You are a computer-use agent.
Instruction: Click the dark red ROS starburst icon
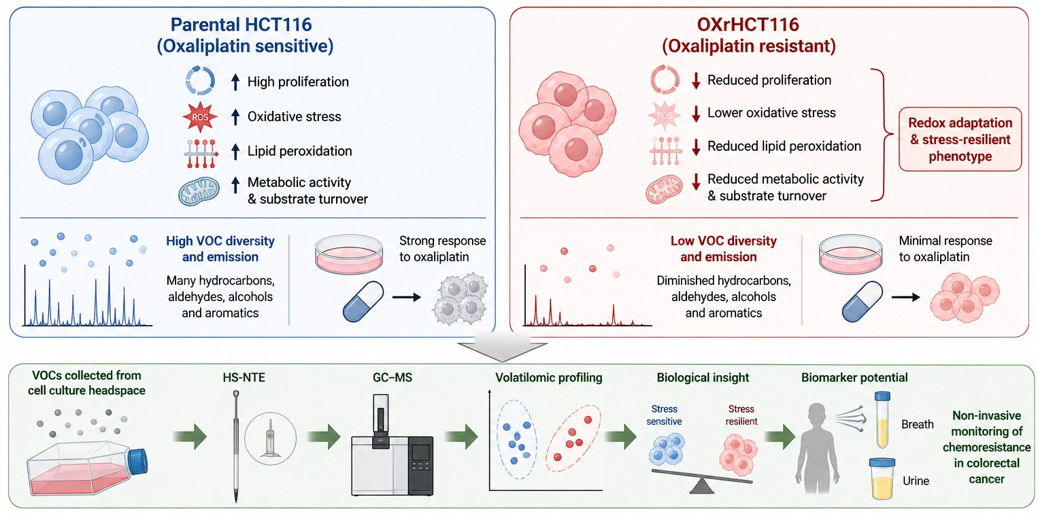[200, 117]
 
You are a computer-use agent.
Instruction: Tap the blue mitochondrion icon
[199, 191]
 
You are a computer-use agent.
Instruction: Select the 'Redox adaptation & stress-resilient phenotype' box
[960, 139]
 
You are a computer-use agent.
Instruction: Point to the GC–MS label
[392, 377]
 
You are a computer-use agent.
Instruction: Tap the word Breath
[917, 424]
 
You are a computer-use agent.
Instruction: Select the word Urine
[916, 481]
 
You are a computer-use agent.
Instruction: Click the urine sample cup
[882, 479]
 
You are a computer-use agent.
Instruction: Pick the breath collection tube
[882, 420]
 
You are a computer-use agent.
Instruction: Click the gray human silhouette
[817, 447]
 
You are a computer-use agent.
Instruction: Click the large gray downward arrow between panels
[502, 348]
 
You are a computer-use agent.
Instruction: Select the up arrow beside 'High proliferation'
[235, 82]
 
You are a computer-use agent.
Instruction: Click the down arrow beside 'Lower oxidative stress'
[696, 114]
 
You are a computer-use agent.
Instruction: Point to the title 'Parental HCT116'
[241, 24]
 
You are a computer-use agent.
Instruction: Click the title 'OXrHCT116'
[748, 24]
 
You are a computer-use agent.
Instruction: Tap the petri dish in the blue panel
[349, 254]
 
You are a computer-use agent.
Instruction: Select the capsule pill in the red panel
[862, 301]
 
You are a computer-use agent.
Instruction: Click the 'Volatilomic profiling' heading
[549, 377]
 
